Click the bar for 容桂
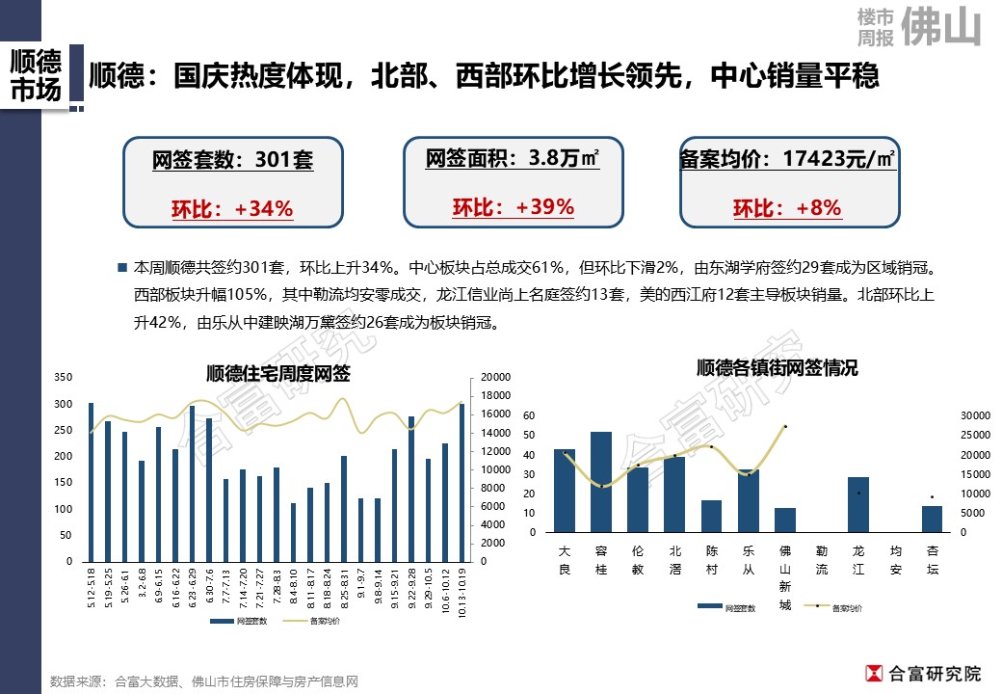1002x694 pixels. tap(601, 482)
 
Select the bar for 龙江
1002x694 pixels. tap(858, 504)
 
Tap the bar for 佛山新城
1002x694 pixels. tap(785, 520)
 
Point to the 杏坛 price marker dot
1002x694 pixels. tap(932, 497)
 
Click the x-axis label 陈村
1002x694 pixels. tap(711, 559)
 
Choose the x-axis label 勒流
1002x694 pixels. tap(821, 559)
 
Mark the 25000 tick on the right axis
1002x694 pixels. tap(975, 435)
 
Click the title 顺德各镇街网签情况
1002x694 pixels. tap(777, 367)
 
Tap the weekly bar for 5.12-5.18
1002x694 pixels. tap(91, 482)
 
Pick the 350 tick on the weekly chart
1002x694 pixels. tap(64, 377)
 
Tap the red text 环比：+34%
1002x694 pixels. tap(232, 209)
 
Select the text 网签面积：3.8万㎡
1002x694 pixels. tap(513, 158)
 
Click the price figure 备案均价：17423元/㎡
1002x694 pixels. tap(788, 159)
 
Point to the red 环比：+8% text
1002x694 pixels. tap(787, 208)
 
